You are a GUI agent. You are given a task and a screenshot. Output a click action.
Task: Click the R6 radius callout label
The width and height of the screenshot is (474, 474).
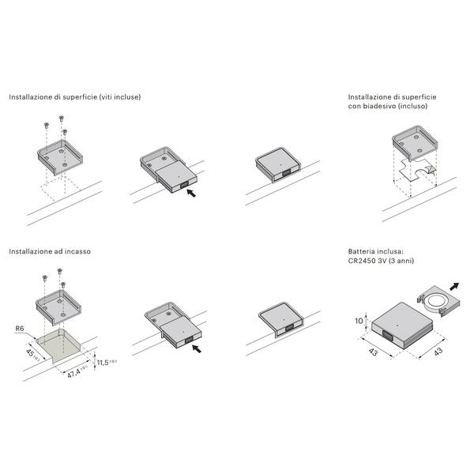[20, 329]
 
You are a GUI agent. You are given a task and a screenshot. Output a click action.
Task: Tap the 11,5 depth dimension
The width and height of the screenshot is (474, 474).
[103, 363]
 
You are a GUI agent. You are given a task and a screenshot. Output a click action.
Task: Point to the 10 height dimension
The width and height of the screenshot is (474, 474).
[359, 321]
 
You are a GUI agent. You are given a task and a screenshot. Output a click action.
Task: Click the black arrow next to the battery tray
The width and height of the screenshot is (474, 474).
[454, 286]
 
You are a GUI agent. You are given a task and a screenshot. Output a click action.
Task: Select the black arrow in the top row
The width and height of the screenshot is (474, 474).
[191, 193]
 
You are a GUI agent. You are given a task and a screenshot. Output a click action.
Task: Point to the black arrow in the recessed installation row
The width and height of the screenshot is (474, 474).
[197, 348]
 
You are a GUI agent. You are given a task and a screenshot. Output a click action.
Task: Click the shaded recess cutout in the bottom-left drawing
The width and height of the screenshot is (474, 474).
[58, 345]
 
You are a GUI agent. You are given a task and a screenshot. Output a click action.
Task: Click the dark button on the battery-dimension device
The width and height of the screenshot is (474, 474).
[387, 336]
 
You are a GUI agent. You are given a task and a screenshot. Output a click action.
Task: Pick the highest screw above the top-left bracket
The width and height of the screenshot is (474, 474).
[61, 118]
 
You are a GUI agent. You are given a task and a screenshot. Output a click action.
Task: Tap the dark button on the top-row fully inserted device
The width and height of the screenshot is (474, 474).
[286, 172]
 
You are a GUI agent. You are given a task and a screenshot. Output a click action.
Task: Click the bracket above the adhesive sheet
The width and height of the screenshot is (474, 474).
[415, 143]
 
